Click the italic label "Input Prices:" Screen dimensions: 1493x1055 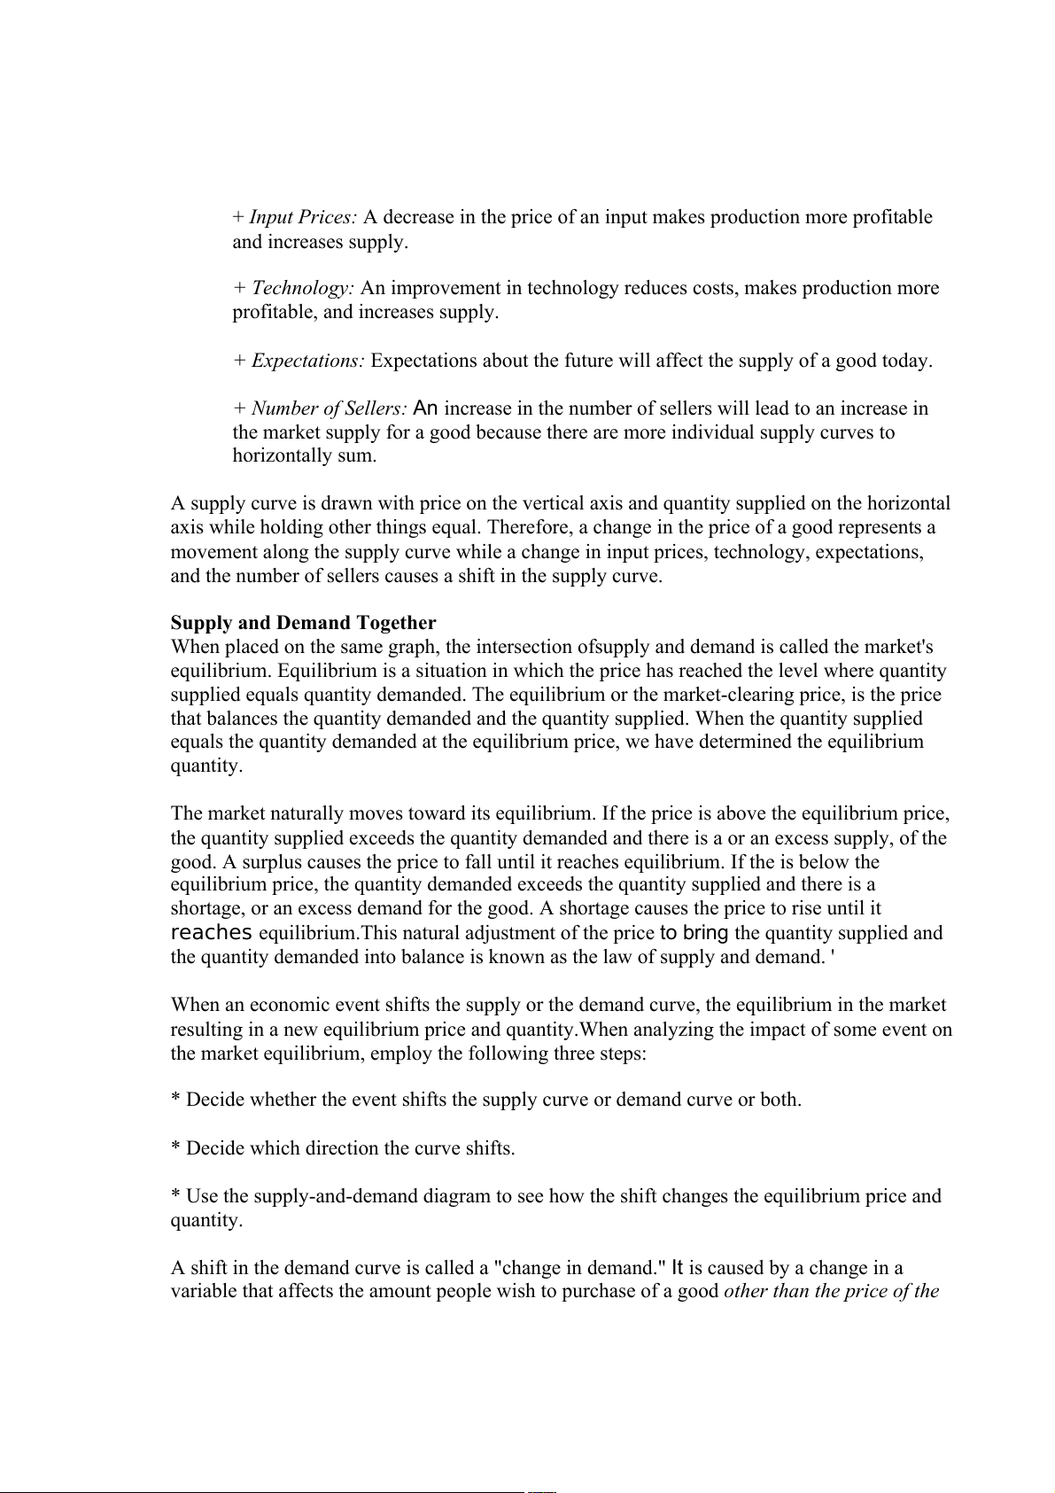pyautogui.click(x=303, y=217)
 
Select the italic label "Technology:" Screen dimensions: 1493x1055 pyautogui.click(x=303, y=288)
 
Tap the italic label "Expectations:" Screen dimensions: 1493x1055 pyautogui.click(x=308, y=361)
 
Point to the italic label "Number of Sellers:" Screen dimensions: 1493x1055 pyautogui.click(x=329, y=408)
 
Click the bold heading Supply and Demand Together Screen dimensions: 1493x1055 pyautogui.click(x=303, y=623)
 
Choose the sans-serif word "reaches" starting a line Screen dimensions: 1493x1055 pyautogui.click(x=212, y=933)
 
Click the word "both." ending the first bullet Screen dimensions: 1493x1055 pyautogui.click(x=780, y=1100)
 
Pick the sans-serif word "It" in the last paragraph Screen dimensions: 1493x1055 pyautogui.click(x=678, y=1268)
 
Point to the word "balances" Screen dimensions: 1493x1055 pyautogui.click(x=244, y=719)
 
